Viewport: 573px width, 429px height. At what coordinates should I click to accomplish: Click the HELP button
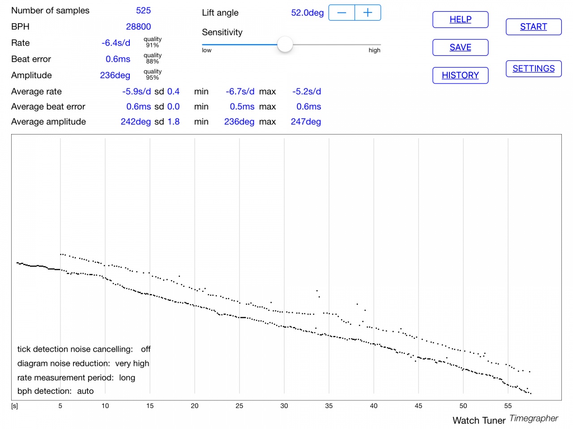[460, 20]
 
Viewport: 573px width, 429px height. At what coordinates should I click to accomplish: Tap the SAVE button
[460, 47]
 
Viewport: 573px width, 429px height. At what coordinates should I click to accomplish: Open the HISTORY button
[460, 75]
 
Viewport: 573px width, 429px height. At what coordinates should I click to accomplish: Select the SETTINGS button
[534, 69]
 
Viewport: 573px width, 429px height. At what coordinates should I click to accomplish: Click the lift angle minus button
[342, 13]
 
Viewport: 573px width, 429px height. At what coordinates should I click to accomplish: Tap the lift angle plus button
[368, 13]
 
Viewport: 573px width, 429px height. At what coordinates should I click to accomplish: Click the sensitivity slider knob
[285, 44]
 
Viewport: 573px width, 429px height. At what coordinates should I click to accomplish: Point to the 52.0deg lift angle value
[307, 13]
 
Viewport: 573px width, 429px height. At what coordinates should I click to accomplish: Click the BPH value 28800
[138, 27]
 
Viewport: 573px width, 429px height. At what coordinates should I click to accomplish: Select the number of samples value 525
[143, 11]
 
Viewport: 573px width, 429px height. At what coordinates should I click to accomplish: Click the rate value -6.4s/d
[116, 43]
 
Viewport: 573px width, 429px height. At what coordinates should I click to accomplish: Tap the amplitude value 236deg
[115, 75]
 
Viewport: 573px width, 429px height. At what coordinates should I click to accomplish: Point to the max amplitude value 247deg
[306, 122]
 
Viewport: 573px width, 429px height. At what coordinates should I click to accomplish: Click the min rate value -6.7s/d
[240, 92]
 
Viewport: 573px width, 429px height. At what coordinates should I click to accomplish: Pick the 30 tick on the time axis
[284, 406]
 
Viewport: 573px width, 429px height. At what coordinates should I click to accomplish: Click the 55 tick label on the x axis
[508, 406]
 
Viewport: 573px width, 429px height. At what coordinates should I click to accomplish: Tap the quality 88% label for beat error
[153, 59]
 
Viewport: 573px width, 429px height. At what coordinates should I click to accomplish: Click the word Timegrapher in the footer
[534, 418]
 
